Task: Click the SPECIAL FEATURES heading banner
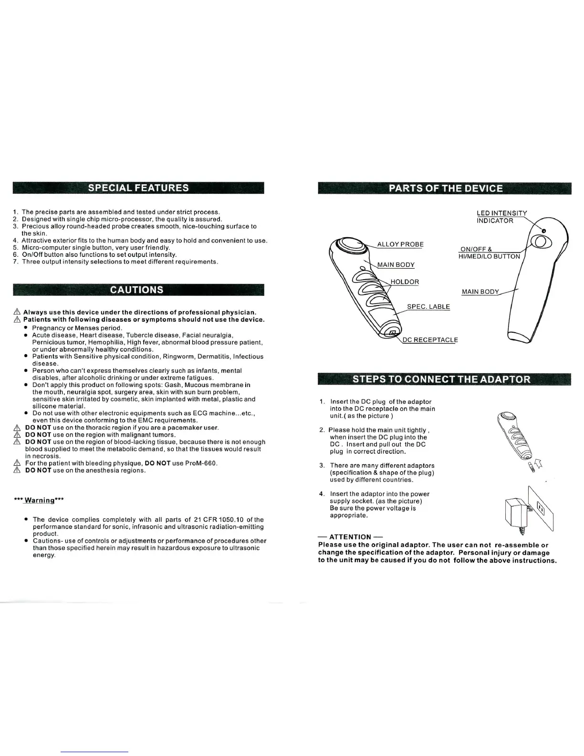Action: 138,188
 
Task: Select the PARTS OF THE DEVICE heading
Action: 445,188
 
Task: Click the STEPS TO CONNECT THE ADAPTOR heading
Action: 441,379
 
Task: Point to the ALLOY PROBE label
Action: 400,244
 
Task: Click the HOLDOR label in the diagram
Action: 405,282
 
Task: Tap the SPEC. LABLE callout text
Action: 428,306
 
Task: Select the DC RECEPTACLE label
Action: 430,340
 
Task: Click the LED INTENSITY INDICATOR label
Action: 501,217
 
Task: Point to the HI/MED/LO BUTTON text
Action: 489,256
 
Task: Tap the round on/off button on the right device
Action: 542,242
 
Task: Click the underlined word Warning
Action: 40,500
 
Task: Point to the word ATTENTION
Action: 350,537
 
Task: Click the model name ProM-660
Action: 202,463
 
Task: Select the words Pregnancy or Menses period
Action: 77,328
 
